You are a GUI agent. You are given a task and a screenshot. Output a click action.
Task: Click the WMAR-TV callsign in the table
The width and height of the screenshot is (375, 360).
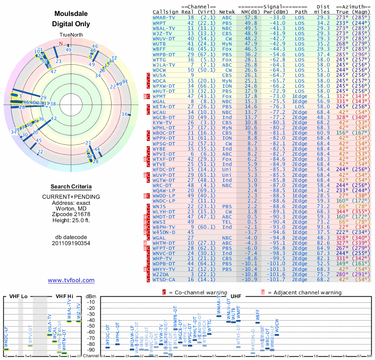[164, 17]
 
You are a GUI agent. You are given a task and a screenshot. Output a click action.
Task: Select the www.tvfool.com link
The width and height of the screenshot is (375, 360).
[71, 280]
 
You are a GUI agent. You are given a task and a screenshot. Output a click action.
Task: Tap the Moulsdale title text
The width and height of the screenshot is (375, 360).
[71, 15]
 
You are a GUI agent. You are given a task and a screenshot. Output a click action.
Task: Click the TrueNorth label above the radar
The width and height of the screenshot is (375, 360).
[71, 36]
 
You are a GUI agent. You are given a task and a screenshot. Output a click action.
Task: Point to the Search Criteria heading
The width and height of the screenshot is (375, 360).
[71, 187]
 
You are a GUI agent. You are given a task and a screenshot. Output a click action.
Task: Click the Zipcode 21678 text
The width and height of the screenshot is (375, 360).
[71, 213]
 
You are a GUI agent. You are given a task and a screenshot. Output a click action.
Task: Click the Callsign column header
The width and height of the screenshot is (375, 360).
[165, 12]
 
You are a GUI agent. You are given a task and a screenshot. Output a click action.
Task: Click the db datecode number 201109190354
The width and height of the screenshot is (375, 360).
[71, 243]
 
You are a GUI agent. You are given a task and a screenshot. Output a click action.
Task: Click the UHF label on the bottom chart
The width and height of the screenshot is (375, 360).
[236, 297]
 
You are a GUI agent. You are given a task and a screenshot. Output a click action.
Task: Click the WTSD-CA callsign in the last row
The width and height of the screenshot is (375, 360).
[164, 280]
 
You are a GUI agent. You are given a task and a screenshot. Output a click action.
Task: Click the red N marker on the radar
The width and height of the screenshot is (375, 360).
[60, 44]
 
